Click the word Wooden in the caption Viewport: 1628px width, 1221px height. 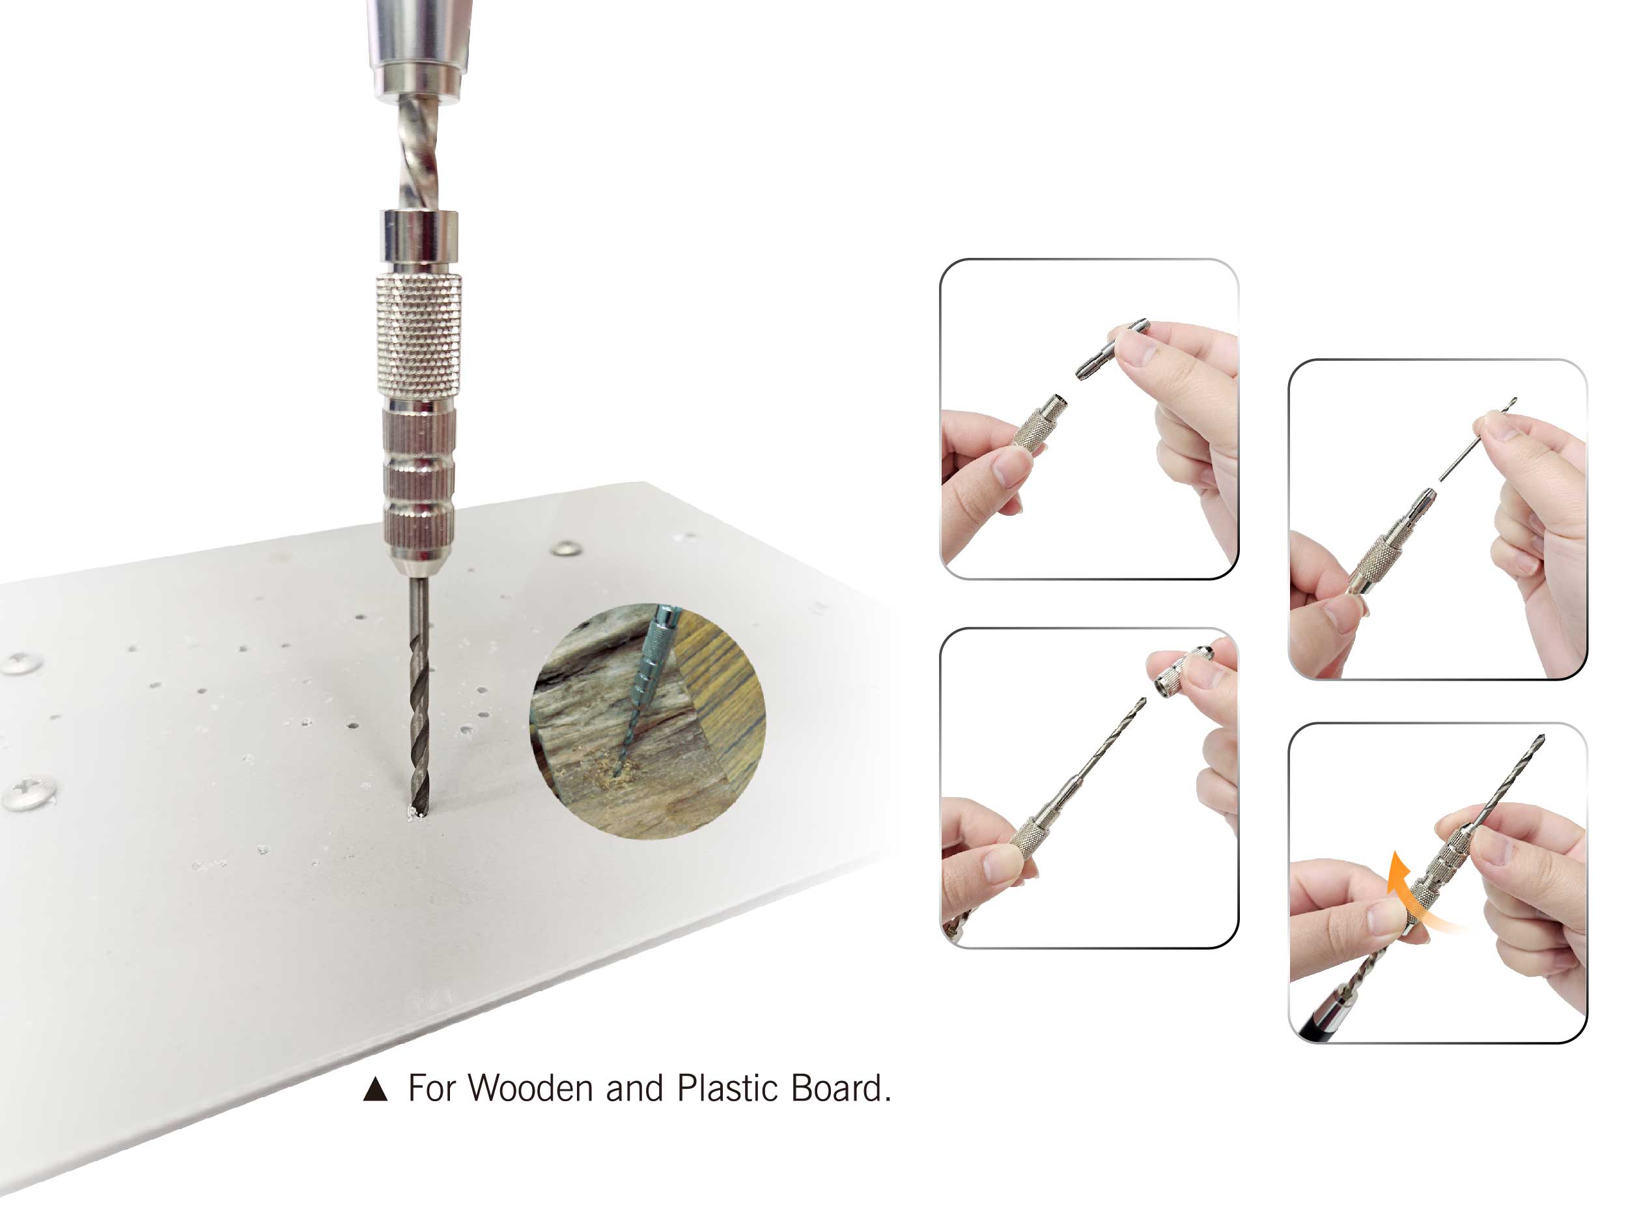pyautogui.click(x=530, y=1089)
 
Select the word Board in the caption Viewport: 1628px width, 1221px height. pyautogui.click(x=837, y=1089)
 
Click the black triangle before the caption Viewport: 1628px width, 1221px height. pyautogui.click(x=375, y=1089)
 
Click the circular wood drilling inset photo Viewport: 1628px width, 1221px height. pyautogui.click(x=648, y=722)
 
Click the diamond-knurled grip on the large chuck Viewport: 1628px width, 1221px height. pyautogui.click(x=419, y=335)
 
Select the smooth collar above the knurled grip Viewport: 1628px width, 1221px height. pyautogui.click(x=419, y=236)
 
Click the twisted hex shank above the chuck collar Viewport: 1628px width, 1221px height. pyautogui.click(x=418, y=154)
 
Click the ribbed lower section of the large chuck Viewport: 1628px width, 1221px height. pyautogui.click(x=418, y=482)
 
